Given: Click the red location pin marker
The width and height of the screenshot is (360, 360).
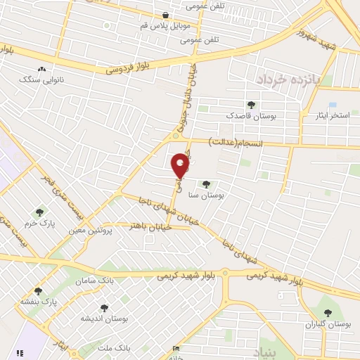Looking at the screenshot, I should pyautogui.click(x=181, y=165).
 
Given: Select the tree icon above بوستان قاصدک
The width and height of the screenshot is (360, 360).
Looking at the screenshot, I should pyautogui.click(x=251, y=105).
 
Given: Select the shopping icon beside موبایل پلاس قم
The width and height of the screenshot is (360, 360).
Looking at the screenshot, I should pyautogui.click(x=165, y=15).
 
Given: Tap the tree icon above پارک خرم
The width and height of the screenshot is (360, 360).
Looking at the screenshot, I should pyautogui.click(x=39, y=212).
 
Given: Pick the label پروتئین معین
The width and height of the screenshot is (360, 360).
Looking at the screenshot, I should pyautogui.click(x=91, y=229).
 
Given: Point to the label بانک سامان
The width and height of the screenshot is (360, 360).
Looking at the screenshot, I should pyautogui.click(x=98, y=281).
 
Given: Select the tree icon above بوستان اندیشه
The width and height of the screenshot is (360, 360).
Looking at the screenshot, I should pyautogui.click(x=104, y=308).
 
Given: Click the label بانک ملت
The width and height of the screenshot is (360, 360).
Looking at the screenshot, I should pyautogui.click(x=113, y=347).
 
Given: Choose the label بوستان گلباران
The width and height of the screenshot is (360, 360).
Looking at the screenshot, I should pyautogui.click(x=328, y=324).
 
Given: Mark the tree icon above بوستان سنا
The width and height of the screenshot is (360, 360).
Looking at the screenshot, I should pyautogui.click(x=206, y=185).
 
